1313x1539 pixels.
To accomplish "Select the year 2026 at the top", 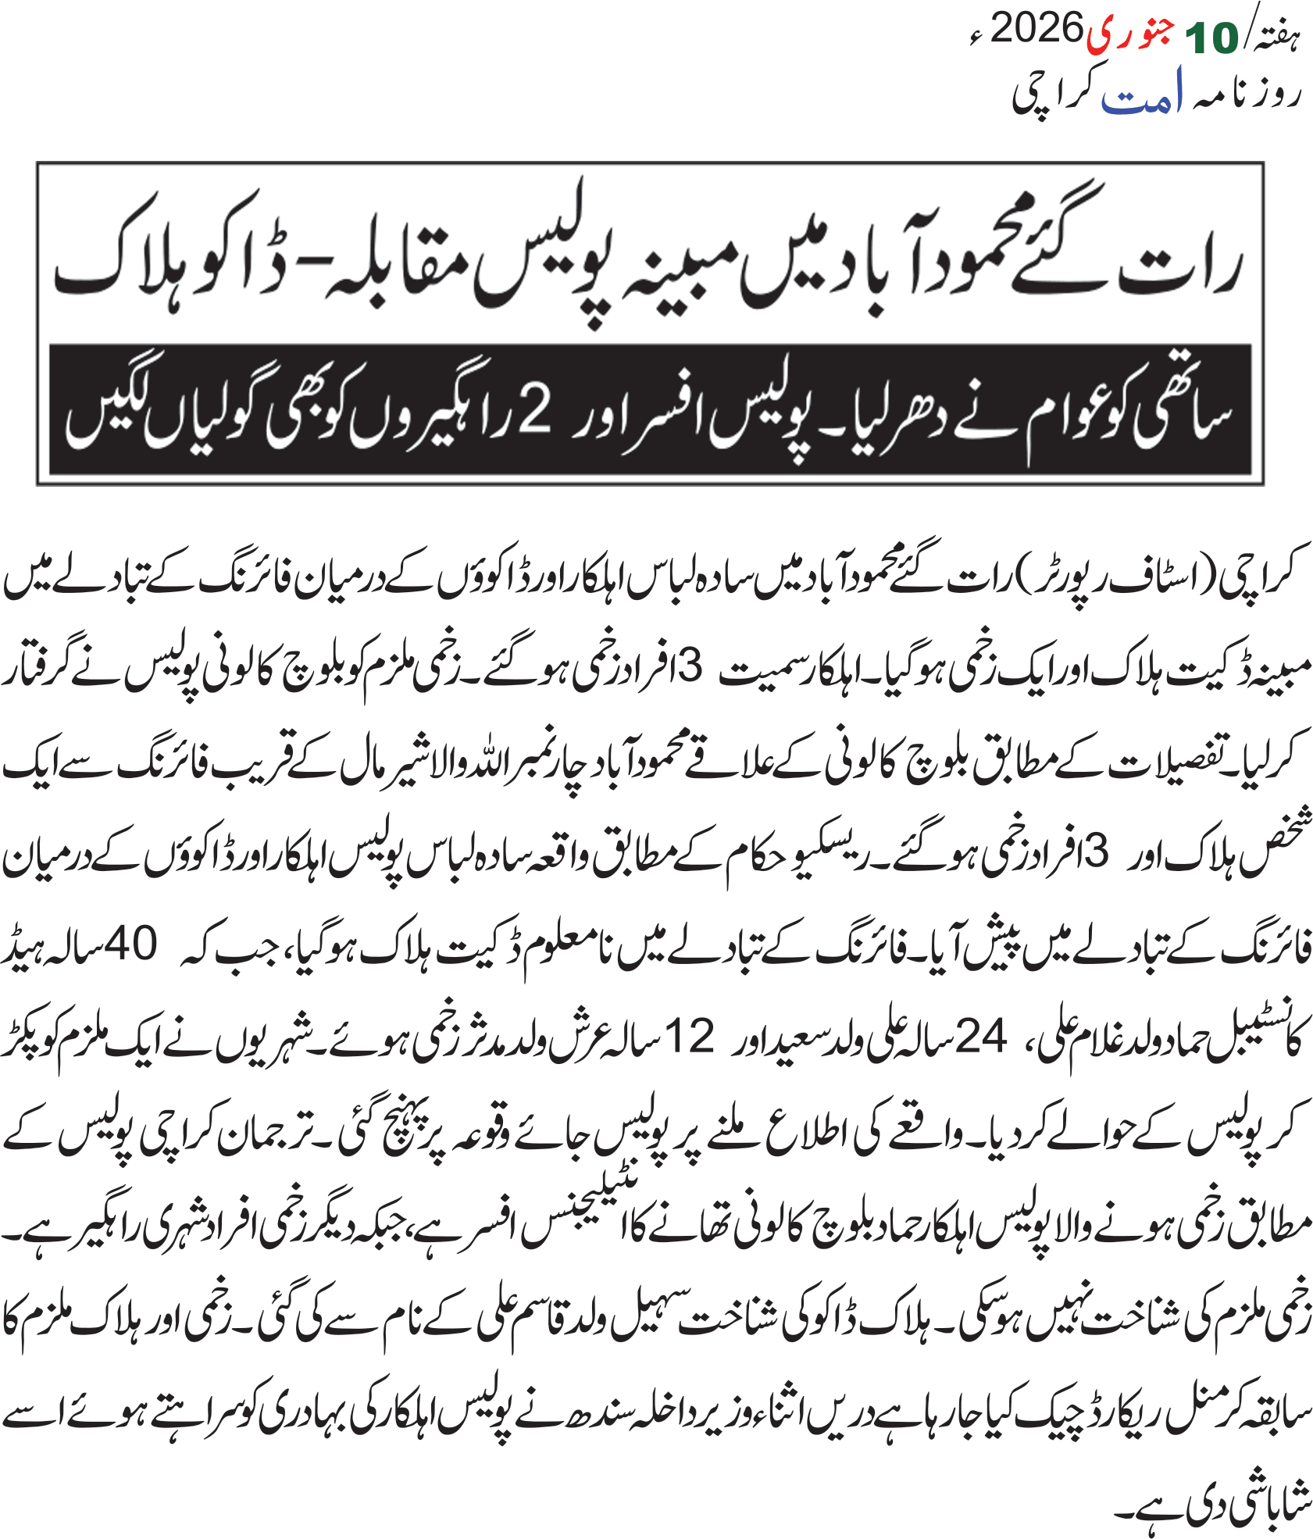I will click(x=1036, y=30).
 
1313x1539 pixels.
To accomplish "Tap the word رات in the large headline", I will click(x=1179, y=270).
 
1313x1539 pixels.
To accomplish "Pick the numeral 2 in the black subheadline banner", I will click(x=535, y=411).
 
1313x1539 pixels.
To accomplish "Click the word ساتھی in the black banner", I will click(x=1179, y=414).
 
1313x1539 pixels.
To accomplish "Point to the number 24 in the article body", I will click(x=981, y=1037).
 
